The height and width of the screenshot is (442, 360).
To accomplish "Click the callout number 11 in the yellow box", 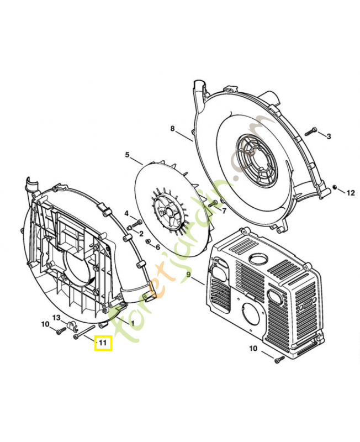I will click(x=102, y=344).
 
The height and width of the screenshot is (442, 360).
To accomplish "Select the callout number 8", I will click(x=173, y=129).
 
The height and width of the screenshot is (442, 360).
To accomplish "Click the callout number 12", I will click(x=351, y=193).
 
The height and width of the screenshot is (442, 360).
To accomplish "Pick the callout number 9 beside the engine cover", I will click(x=188, y=275).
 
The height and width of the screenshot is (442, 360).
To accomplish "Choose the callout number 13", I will click(x=56, y=317).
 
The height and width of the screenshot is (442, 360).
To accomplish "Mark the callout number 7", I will click(x=224, y=211).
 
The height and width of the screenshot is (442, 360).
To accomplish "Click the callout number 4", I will click(x=126, y=213).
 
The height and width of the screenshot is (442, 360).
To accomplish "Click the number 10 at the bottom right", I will click(x=253, y=348).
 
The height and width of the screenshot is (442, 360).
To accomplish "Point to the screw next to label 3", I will click(x=311, y=131).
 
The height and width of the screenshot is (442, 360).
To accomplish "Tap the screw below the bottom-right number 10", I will click(x=279, y=360).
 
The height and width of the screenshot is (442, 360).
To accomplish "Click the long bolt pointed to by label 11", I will click(x=86, y=333).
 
